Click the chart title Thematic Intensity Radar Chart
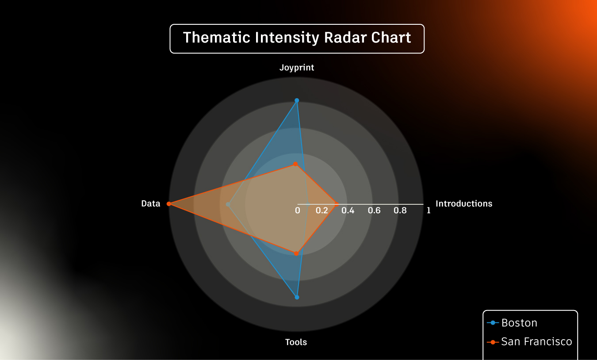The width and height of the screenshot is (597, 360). click(297, 37)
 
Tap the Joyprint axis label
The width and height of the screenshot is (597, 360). click(297, 68)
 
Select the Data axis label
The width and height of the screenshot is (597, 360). click(151, 203)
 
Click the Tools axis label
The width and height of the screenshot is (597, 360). click(296, 342)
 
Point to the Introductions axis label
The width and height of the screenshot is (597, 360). click(464, 203)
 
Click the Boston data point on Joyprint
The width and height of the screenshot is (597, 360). click(297, 100)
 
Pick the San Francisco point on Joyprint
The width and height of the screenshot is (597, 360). click(295, 164)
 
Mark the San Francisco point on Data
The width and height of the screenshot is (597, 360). click(168, 204)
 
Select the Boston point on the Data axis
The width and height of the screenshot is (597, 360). click(228, 204)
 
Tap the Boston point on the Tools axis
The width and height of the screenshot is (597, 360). click(297, 297)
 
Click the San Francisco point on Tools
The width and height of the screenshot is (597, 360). click(296, 253)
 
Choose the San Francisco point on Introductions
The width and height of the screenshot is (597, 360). click(337, 204)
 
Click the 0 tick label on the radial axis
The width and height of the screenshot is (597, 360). click(298, 211)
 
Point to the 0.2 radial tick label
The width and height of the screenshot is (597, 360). click(321, 211)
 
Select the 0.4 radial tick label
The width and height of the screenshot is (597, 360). click(348, 211)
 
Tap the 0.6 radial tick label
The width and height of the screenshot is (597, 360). click(374, 211)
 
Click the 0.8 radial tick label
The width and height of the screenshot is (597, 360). click(400, 211)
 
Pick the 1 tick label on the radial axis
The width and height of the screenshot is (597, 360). click(429, 211)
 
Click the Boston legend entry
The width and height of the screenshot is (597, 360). click(512, 323)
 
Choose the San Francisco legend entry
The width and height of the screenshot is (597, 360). click(529, 341)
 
